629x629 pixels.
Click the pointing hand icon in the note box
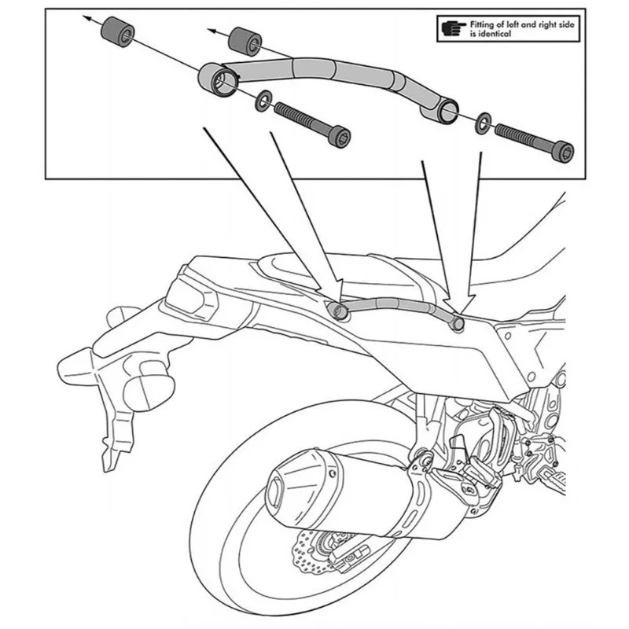pyautogui.click(x=454, y=28)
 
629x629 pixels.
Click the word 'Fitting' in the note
pyautogui.click(x=483, y=24)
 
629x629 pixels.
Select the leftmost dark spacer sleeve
pyautogui.click(x=116, y=31)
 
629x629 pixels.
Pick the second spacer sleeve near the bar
pyautogui.click(x=245, y=42)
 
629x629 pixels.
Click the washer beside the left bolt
pyautogui.click(x=263, y=101)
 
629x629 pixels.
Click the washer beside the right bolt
pyautogui.click(x=483, y=123)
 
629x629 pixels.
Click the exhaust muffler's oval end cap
pyautogui.click(x=276, y=488)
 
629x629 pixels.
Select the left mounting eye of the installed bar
pyautogui.click(x=338, y=311)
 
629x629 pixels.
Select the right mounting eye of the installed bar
pyautogui.click(x=458, y=323)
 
